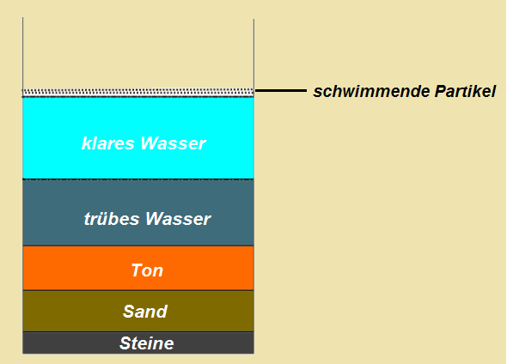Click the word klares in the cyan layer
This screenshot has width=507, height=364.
click(107, 143)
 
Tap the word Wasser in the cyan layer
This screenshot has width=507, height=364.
click(173, 143)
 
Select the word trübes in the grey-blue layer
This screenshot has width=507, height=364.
click(112, 219)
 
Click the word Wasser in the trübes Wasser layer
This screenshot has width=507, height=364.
click(178, 219)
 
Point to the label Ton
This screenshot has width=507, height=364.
click(147, 270)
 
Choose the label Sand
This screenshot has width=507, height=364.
click(145, 312)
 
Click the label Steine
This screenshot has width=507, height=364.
click(146, 343)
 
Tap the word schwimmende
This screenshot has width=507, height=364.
click(371, 91)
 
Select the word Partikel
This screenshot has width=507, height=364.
click(465, 91)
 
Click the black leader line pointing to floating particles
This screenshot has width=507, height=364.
click(281, 91)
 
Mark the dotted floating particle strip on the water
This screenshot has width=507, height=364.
click(138, 93)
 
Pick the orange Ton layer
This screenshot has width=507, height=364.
click(138, 268)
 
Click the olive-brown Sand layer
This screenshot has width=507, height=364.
click(138, 312)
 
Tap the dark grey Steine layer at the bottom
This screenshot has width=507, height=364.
click(138, 343)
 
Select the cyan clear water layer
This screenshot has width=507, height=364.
click(138, 138)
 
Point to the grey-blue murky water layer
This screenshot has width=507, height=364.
click(138, 213)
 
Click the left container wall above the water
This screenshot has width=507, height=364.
click(22, 53)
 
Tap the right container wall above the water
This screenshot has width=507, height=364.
click(253, 53)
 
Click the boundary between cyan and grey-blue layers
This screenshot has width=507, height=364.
click(138, 179)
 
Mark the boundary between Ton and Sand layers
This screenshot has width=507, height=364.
click(138, 290)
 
